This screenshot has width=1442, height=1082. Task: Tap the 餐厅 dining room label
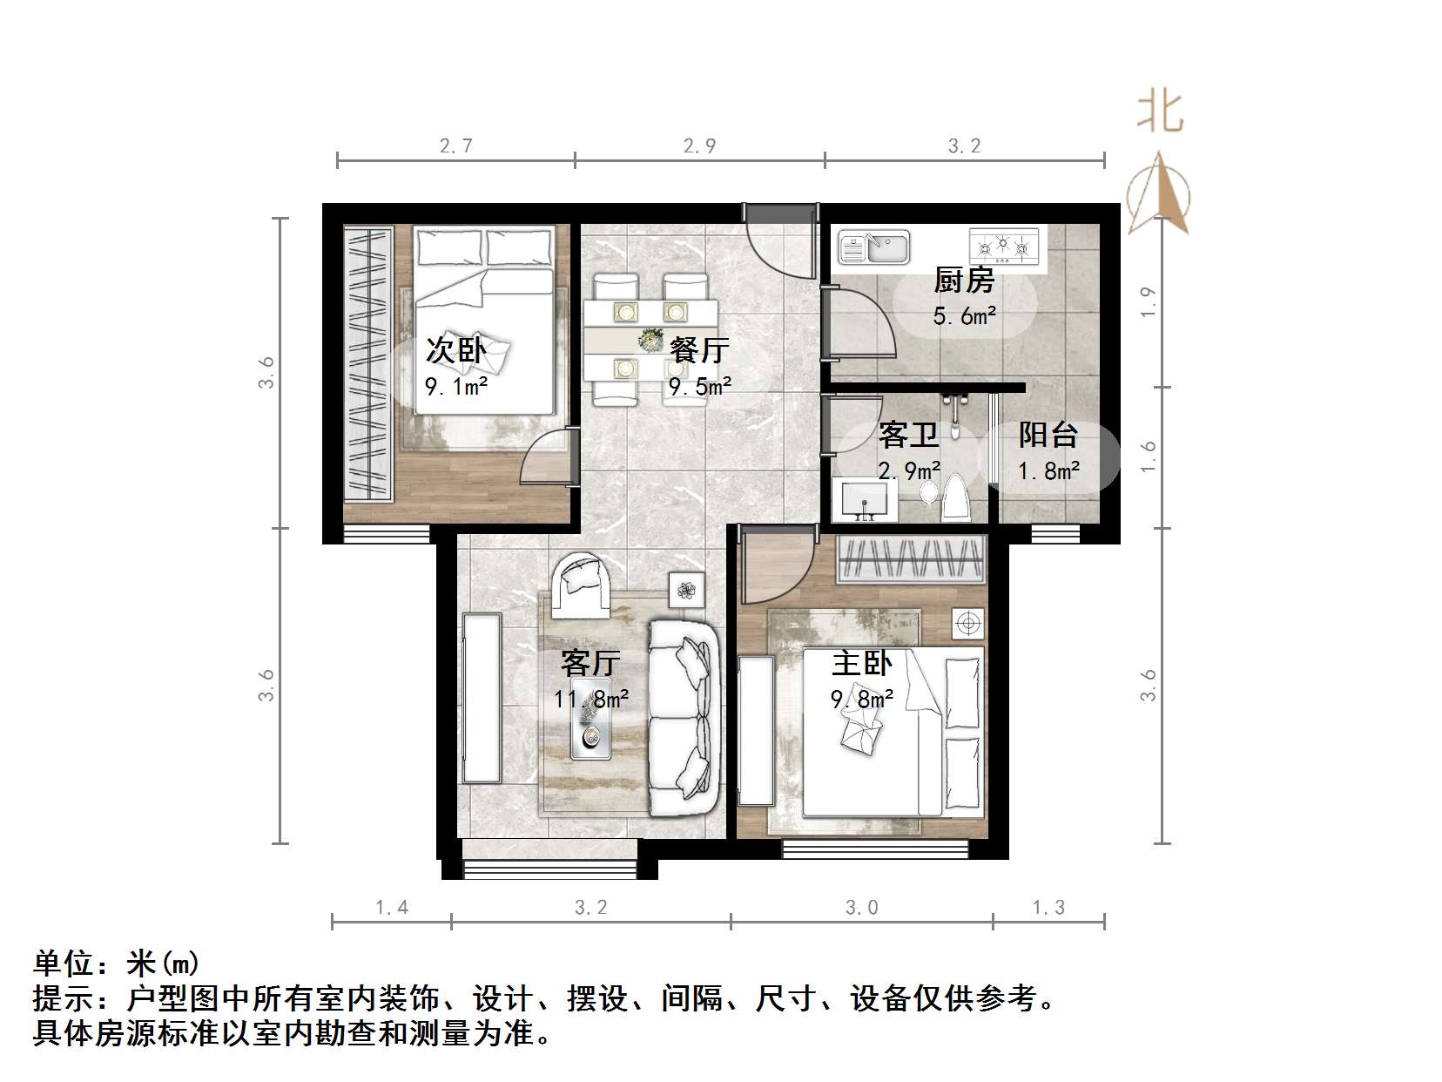pyautogui.click(x=699, y=349)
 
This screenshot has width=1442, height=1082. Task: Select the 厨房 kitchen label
pyautogui.click(x=964, y=281)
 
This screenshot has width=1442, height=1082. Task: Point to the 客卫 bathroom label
pyautogui.click(x=908, y=435)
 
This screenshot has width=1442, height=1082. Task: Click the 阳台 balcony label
pyautogui.click(x=1048, y=435)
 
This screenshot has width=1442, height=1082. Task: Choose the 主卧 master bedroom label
pyautogui.click(x=861, y=664)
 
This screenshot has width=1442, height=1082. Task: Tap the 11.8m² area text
pyautogui.click(x=591, y=699)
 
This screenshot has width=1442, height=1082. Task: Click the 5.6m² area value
pyautogui.click(x=964, y=315)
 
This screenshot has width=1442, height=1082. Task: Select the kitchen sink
pyautogui.click(x=873, y=247)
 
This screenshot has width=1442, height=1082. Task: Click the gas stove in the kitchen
pyautogui.click(x=1004, y=246)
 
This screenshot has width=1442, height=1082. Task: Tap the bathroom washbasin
pyautogui.click(x=865, y=501)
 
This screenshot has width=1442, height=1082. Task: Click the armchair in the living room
pyautogui.click(x=578, y=579)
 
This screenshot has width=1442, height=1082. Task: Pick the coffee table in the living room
pyautogui.click(x=590, y=727)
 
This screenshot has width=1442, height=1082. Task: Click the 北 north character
pyautogui.click(x=1159, y=112)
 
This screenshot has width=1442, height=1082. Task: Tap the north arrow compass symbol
pyautogui.click(x=1159, y=196)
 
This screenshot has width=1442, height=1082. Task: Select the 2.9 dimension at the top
pyautogui.click(x=699, y=146)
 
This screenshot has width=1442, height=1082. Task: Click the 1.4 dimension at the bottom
pyautogui.click(x=392, y=908)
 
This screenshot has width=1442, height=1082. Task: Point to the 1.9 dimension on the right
pyautogui.click(x=1149, y=301)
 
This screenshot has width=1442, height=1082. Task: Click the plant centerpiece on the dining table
pyautogui.click(x=650, y=340)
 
